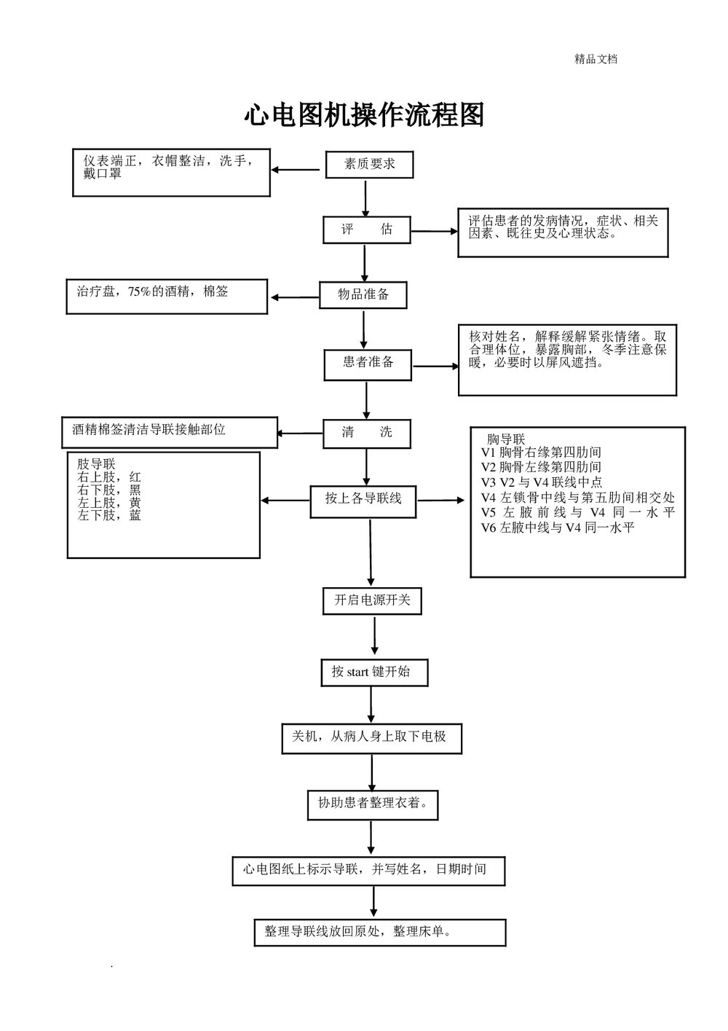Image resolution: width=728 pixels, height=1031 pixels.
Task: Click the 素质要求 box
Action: click(x=369, y=165)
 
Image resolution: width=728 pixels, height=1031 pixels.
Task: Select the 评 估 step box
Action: click(x=367, y=230)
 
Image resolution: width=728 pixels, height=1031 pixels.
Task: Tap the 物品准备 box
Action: click(x=363, y=294)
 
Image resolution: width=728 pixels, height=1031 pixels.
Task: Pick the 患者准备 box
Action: click(x=368, y=363)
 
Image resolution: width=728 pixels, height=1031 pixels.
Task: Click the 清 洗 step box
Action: click(x=367, y=433)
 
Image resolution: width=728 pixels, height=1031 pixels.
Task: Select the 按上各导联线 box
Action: click(x=363, y=501)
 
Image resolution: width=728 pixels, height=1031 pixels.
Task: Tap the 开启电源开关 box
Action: click(x=372, y=601)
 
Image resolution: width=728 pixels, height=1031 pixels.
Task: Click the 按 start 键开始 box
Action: click(x=373, y=672)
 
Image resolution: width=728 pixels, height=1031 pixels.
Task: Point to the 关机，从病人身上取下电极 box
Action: click(x=371, y=737)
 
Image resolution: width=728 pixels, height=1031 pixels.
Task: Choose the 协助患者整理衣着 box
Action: click(x=372, y=804)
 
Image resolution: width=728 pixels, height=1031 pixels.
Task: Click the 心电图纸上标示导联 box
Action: click(x=368, y=870)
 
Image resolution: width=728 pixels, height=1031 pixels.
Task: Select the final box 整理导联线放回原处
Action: click(x=379, y=932)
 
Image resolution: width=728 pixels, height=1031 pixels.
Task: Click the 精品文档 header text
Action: click(x=596, y=60)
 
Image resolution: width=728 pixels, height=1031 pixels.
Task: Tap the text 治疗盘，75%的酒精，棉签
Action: click(x=152, y=291)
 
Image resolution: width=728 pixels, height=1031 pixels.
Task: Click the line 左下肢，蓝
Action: click(x=109, y=515)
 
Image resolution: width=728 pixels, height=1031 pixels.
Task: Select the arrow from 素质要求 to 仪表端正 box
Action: click(x=296, y=170)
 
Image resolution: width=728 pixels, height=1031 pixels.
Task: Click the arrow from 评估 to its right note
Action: click(x=435, y=232)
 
